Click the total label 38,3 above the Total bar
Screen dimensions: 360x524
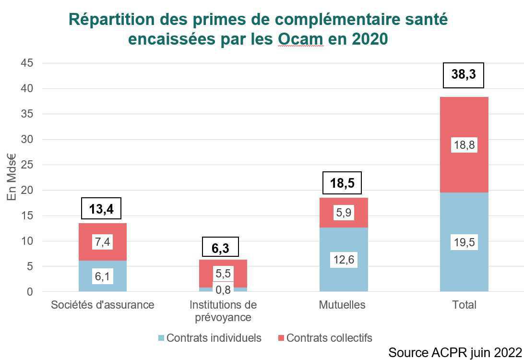463,75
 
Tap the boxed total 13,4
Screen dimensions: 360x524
101,209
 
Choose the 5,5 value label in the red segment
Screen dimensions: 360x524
223,273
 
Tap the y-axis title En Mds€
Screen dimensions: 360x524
11,178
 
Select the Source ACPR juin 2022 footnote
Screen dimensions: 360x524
454,352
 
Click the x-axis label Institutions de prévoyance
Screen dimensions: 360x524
223,311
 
